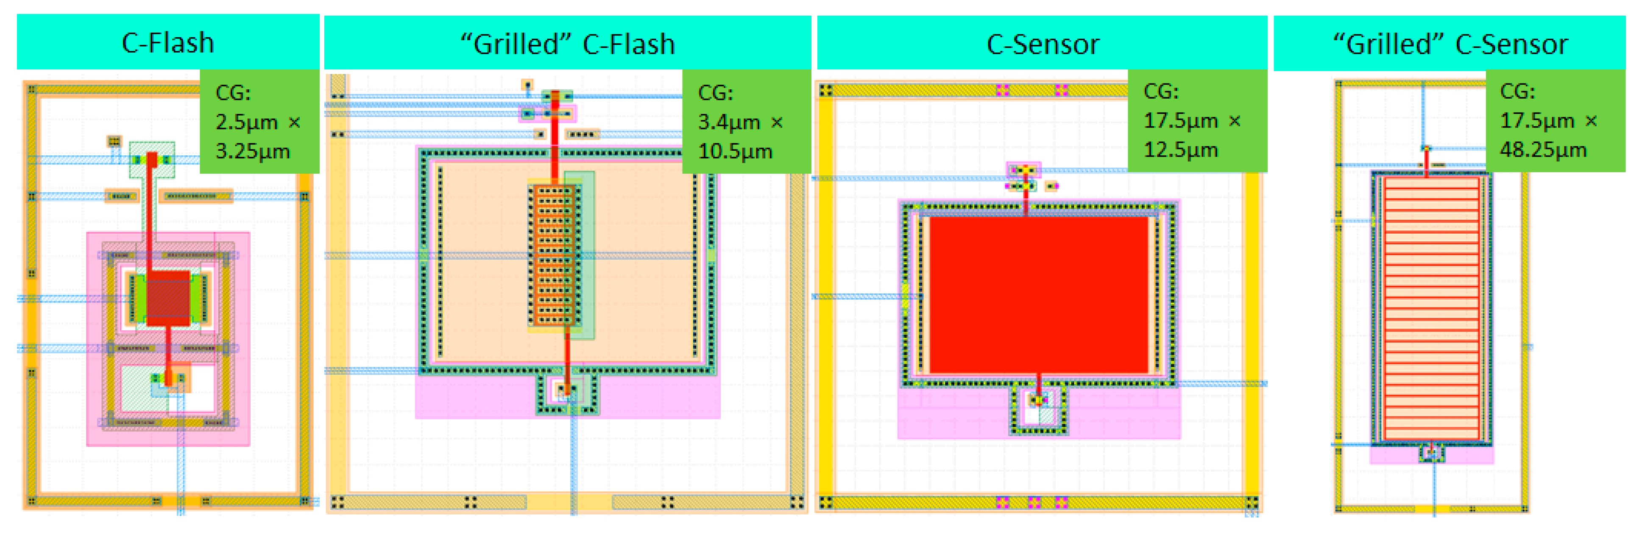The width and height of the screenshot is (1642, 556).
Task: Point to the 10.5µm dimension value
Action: coord(735,152)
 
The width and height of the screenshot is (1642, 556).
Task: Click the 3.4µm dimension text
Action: coord(728,122)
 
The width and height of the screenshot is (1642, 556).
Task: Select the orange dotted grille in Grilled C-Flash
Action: coord(553,255)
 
